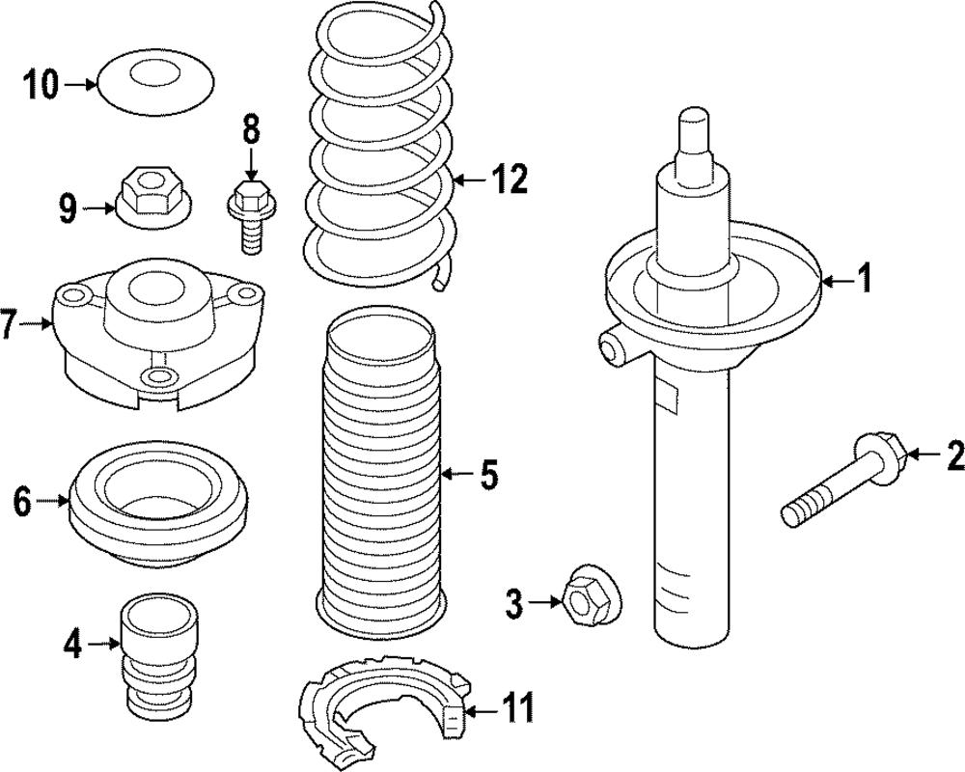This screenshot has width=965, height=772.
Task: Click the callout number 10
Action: pos(42,86)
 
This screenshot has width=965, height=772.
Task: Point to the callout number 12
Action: pos(509,179)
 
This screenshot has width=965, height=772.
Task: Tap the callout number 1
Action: pos(866,281)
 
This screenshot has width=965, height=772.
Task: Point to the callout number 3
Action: pos(514,604)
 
